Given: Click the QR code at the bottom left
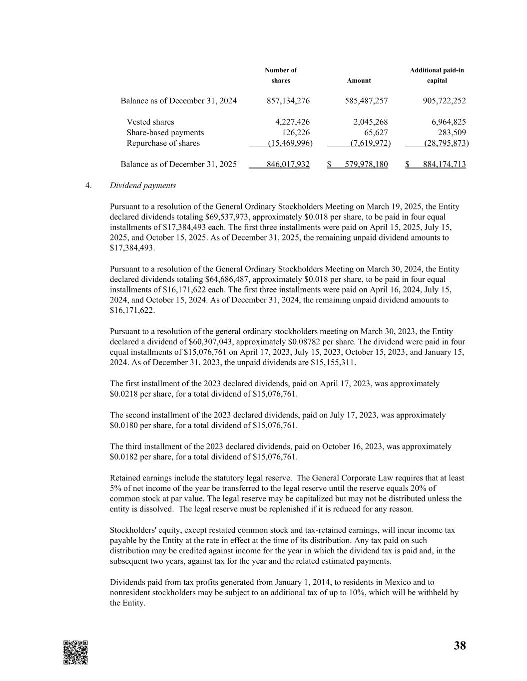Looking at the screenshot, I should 75,652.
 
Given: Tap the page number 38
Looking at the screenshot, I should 460,646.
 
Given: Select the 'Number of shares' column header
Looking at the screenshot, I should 281,75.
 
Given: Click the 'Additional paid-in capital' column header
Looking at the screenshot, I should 437,75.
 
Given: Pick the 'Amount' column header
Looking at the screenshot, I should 359,80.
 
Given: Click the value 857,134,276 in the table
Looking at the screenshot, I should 288,101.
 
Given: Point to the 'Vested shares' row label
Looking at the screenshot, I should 150,122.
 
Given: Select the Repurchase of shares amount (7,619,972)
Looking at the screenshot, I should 370,143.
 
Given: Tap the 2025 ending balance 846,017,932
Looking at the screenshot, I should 288,164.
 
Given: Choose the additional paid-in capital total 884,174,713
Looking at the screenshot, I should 444,164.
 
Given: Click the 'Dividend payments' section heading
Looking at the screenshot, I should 142,185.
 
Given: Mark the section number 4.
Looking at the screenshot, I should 88,185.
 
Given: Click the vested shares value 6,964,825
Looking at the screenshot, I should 449,122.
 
